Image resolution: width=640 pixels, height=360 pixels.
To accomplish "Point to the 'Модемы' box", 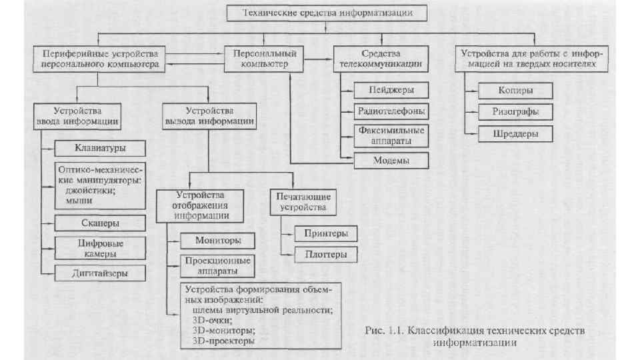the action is click(391, 161).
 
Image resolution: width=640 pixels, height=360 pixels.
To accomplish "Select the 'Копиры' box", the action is click(515, 90).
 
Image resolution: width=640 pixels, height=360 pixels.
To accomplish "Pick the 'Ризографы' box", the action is click(515, 111).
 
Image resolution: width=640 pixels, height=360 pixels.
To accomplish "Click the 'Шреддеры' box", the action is click(515, 134).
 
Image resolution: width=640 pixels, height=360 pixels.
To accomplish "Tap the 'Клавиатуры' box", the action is click(100, 147).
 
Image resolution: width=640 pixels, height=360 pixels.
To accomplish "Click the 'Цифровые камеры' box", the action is click(100, 248).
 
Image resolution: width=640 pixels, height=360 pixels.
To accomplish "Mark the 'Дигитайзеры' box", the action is click(100, 273).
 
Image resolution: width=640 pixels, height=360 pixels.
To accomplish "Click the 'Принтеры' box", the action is click(325, 233).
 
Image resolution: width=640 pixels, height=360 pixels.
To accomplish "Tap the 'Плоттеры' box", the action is click(325, 254).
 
